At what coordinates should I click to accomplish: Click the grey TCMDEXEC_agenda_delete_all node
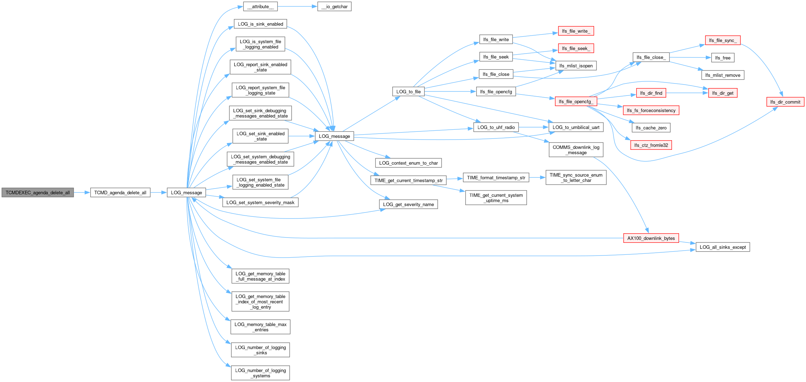(38, 192)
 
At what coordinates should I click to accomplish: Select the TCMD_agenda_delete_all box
(120, 192)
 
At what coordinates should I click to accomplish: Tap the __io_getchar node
(334, 6)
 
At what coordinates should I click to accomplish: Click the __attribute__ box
(260, 6)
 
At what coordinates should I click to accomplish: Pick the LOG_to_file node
(408, 92)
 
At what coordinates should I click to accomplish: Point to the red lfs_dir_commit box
(785, 102)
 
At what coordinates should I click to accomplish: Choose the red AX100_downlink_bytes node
(651, 238)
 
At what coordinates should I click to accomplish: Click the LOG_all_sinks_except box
(723, 247)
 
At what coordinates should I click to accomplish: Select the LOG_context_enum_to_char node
(408, 163)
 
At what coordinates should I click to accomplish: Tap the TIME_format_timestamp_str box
(496, 178)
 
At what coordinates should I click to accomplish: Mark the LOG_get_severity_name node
(408, 204)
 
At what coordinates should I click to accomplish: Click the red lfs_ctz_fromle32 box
(651, 145)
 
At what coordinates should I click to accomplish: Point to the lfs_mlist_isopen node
(576, 66)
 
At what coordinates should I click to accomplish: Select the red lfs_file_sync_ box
(723, 40)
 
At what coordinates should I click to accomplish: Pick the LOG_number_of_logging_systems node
(260, 373)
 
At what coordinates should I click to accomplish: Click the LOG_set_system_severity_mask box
(260, 202)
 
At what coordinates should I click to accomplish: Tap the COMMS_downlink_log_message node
(576, 150)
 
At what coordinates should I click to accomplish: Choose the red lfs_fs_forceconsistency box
(651, 110)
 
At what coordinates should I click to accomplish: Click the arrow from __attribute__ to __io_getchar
(297, 6)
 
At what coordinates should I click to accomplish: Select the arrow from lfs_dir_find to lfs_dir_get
(687, 93)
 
